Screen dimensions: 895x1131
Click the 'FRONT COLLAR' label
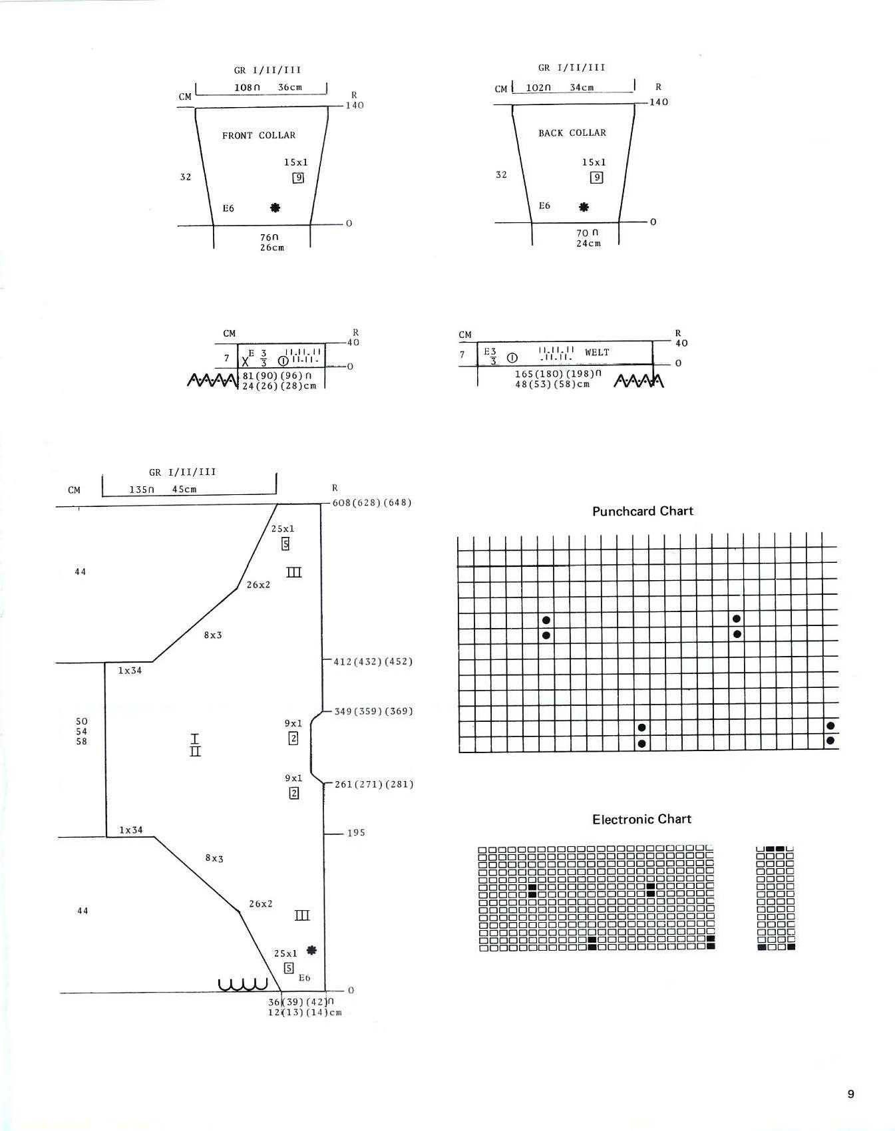259,135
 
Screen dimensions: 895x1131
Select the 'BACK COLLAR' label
572,133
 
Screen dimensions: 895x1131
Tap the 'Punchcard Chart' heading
643,511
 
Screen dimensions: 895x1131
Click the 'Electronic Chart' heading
642,819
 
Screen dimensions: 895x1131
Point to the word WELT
597,352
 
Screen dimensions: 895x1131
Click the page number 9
850,1094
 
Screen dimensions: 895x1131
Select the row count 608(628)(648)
372,502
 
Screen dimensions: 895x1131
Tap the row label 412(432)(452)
373,661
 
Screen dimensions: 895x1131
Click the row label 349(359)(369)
373,711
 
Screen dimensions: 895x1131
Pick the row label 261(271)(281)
374,784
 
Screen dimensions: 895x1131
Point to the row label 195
356,832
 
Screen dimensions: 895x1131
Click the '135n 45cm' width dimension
163,489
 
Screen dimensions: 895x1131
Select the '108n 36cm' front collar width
268,87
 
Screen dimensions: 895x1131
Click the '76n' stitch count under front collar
269,238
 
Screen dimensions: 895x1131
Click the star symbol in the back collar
584,207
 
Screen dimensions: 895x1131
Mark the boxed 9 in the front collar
298,178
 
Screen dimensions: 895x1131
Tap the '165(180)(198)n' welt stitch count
558,374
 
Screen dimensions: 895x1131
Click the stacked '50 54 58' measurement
81,731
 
